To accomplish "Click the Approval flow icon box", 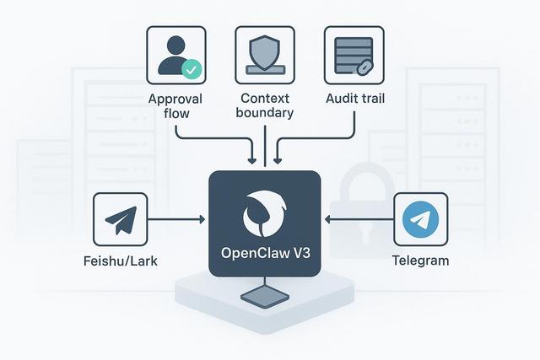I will click(176, 55).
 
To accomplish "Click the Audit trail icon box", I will click(354, 55).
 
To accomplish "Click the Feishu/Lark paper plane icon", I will click(121, 219).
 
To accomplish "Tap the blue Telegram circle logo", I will click(420, 219).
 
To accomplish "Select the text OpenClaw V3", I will click(264, 254).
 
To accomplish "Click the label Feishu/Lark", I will click(121, 261).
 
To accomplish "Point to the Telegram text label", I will click(420, 261).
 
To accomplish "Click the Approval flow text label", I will click(176, 105).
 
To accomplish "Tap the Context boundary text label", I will click(265, 105).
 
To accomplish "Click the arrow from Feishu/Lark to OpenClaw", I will click(177, 220).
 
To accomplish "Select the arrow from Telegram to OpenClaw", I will click(358, 220).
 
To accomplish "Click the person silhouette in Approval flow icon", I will click(171, 53).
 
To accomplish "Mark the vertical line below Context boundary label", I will click(265, 142).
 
